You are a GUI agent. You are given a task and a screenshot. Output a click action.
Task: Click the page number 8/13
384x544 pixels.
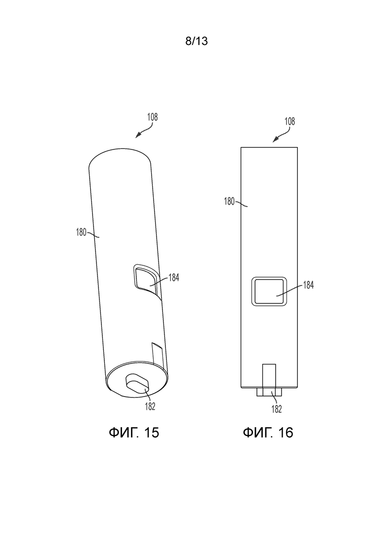(196, 41)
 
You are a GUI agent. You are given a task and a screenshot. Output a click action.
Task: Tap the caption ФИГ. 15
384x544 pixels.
(134, 433)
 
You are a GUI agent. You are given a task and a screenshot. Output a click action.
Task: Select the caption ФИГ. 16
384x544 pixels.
(268, 433)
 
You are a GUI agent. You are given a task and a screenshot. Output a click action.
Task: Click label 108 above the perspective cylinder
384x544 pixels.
(152, 117)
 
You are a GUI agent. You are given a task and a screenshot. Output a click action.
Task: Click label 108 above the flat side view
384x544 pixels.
(290, 121)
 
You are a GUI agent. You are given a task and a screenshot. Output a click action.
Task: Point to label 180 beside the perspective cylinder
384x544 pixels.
(81, 232)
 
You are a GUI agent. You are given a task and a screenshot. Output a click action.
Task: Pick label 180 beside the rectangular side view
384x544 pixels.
(229, 201)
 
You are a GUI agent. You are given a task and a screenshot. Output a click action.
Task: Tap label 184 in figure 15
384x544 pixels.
(174, 277)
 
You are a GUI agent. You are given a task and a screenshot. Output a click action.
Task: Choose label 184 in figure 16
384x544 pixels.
(308, 285)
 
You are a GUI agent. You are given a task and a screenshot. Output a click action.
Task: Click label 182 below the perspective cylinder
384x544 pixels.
(150, 406)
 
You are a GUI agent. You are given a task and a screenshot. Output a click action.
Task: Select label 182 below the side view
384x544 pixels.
(277, 409)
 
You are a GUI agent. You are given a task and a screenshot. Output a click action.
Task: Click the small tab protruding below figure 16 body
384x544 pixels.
(269, 392)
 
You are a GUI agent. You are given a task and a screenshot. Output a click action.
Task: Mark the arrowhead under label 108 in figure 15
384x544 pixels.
(138, 136)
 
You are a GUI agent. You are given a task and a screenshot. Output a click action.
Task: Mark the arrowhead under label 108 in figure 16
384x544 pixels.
(275, 140)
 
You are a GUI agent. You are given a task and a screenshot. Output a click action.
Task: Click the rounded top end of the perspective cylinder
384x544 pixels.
(120, 157)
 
